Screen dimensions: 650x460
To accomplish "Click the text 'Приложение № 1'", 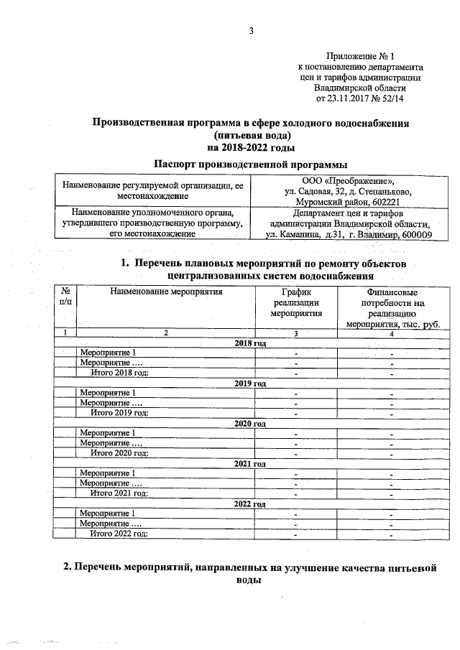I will point(360,55).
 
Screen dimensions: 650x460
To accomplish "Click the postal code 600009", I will point(412,235).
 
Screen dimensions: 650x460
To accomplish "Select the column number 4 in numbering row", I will point(392,333).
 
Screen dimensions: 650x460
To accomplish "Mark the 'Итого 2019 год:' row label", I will point(119,412).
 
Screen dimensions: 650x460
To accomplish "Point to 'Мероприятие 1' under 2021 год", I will point(108,473).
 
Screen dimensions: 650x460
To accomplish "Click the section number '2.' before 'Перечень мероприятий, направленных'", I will point(68,568).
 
